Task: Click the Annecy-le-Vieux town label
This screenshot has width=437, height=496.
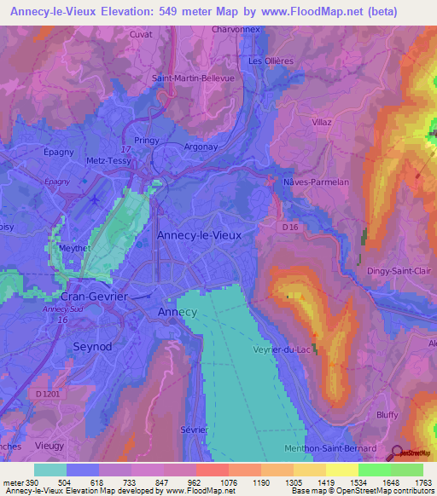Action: (x=199, y=234)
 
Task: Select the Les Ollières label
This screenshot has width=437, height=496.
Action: (x=271, y=61)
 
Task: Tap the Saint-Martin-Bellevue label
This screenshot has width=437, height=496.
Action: (x=193, y=78)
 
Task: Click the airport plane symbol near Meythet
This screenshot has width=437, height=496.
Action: (x=93, y=199)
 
